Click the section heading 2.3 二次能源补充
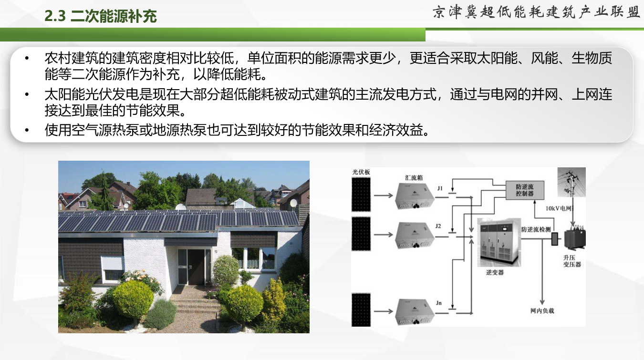pyautogui.click(x=101, y=16)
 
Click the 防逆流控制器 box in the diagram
pyautogui.click(x=525, y=190)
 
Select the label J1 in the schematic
pyautogui.click(x=440, y=188)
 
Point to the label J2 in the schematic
pyautogui.click(x=438, y=226)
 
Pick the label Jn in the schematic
pyautogui.click(x=438, y=303)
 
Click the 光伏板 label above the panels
pyautogui.click(x=361, y=172)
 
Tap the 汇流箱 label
pyautogui.click(x=414, y=178)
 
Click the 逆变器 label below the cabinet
pyautogui.click(x=495, y=272)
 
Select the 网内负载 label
pyautogui.click(x=542, y=310)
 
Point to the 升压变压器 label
pyautogui.click(x=572, y=261)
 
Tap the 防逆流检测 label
pyautogui.click(x=536, y=229)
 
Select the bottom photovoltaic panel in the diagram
pyautogui.click(x=361, y=310)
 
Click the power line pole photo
pyautogui.click(x=571, y=182)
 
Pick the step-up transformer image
pyautogui.click(x=575, y=238)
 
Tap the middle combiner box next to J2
pyautogui.click(x=415, y=235)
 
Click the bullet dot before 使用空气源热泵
pyautogui.click(x=27, y=131)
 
